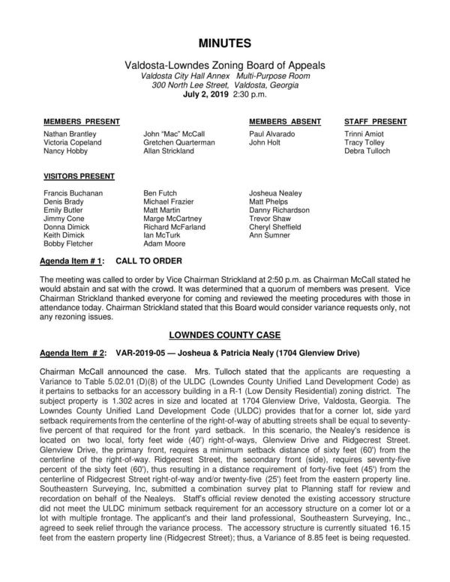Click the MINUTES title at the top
[x=224, y=43]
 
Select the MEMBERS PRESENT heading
[x=76, y=121]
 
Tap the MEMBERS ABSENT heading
[x=285, y=121]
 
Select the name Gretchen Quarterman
[x=178, y=142]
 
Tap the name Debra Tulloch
[x=367, y=151]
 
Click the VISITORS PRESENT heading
[x=79, y=178]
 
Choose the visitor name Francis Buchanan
[x=73, y=193]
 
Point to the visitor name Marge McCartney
[x=175, y=218]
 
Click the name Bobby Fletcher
[x=68, y=243]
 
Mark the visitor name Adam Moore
[x=163, y=243]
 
